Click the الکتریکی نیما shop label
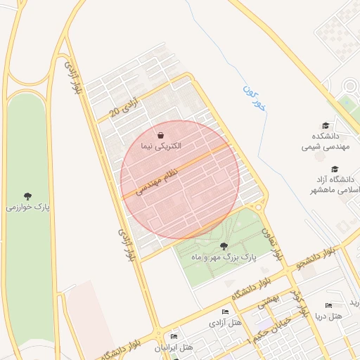160,146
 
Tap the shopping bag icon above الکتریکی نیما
161,134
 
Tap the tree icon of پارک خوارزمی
27,195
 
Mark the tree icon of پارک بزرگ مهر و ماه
224,246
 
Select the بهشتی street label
268,301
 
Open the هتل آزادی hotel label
225,323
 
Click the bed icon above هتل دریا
328,306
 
